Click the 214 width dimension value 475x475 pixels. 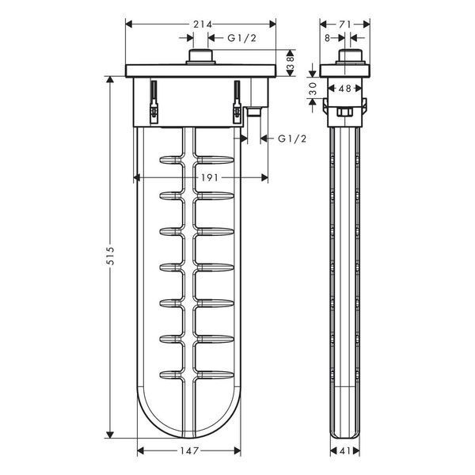(x=203, y=25)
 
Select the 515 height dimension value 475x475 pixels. (x=111, y=256)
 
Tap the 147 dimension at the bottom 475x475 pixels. (x=189, y=450)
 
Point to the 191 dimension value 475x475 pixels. (x=209, y=177)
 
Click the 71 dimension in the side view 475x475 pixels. (x=344, y=25)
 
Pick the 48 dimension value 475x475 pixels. (x=344, y=89)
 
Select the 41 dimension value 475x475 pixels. (x=344, y=450)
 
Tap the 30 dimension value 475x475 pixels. (x=313, y=89)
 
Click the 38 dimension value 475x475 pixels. (x=291, y=63)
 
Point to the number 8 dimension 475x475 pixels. (x=327, y=38)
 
